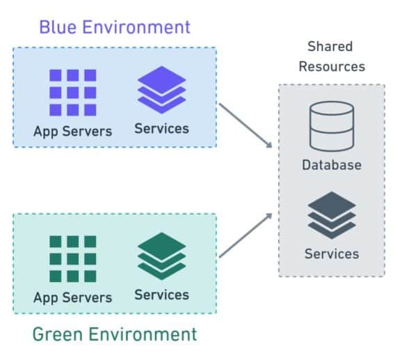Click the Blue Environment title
(x=114, y=27)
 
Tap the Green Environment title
(x=115, y=334)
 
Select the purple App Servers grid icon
(x=72, y=93)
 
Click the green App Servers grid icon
(x=72, y=259)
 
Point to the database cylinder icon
(x=331, y=126)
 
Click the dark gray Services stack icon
(x=332, y=216)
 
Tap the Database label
(x=331, y=166)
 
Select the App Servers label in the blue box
(x=72, y=131)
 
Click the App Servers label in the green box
(x=72, y=297)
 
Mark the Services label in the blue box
(x=161, y=128)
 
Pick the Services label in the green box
(x=161, y=295)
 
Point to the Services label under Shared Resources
(x=332, y=253)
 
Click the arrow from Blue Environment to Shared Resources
(x=246, y=125)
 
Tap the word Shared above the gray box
(x=330, y=47)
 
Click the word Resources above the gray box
(x=331, y=67)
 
